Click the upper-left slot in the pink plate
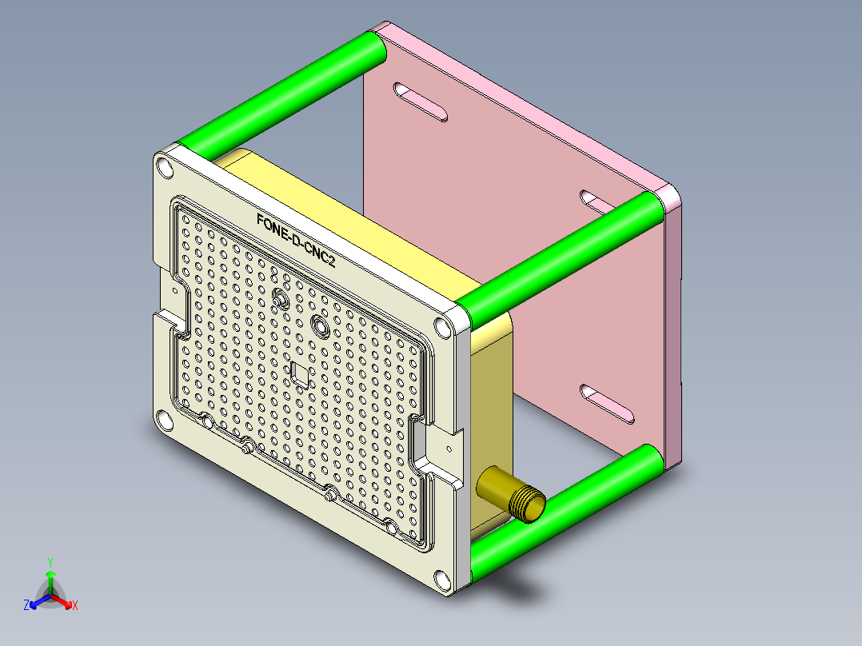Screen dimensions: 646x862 click(421, 102)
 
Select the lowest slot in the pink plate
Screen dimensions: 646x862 click(609, 403)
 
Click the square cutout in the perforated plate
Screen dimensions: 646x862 click(301, 373)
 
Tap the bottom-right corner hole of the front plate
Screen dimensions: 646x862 click(441, 578)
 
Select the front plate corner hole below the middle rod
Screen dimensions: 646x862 click(442, 325)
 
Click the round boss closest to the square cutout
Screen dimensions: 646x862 click(321, 326)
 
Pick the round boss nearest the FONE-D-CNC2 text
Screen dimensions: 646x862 click(281, 299)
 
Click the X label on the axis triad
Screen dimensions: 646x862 click(74, 606)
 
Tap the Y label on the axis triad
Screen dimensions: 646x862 click(50, 562)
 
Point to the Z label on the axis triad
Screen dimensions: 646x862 click(26, 606)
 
